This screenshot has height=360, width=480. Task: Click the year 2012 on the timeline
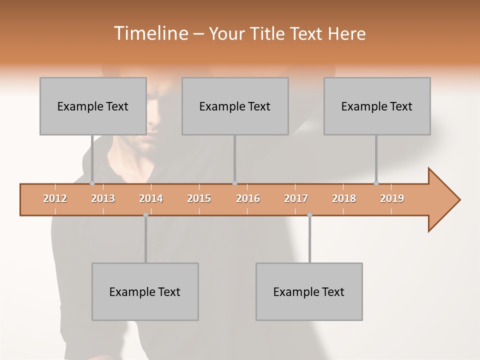(55, 198)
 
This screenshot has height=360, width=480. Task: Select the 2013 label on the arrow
(103, 198)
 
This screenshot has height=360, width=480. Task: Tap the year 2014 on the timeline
(151, 198)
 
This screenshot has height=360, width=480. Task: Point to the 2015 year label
(199, 198)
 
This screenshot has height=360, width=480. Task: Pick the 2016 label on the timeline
(248, 198)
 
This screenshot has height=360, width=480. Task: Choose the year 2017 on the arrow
(296, 198)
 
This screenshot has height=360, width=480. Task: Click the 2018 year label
(344, 198)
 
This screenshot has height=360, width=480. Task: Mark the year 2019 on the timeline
(392, 198)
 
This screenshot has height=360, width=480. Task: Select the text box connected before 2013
(93, 106)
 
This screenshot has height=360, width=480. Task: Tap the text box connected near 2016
(235, 106)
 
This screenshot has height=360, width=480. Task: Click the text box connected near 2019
(377, 106)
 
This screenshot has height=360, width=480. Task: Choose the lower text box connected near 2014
(145, 291)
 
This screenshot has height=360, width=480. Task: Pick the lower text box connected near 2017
(309, 291)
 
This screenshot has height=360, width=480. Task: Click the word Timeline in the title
(150, 33)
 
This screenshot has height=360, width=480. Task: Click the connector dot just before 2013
(92, 183)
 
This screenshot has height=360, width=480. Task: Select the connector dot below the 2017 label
(309, 215)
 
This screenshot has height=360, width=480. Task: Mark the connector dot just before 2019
(376, 183)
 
